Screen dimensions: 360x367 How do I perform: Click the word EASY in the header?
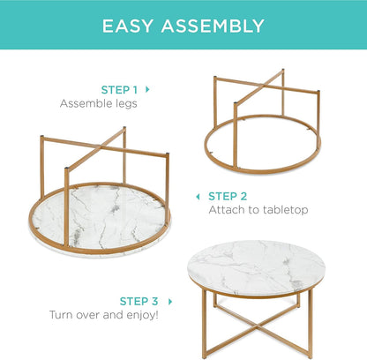click(x=130, y=26)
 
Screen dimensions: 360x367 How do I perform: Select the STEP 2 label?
click(x=228, y=196)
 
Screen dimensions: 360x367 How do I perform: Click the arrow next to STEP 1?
click(x=147, y=89)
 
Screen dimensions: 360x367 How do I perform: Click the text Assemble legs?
click(x=100, y=103)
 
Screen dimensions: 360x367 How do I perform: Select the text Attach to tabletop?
click(x=258, y=210)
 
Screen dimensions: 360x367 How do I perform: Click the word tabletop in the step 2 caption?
click(x=281, y=210)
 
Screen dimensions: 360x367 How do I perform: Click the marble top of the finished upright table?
click(x=256, y=266)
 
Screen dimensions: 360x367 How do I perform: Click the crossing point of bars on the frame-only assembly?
click(x=266, y=97)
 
